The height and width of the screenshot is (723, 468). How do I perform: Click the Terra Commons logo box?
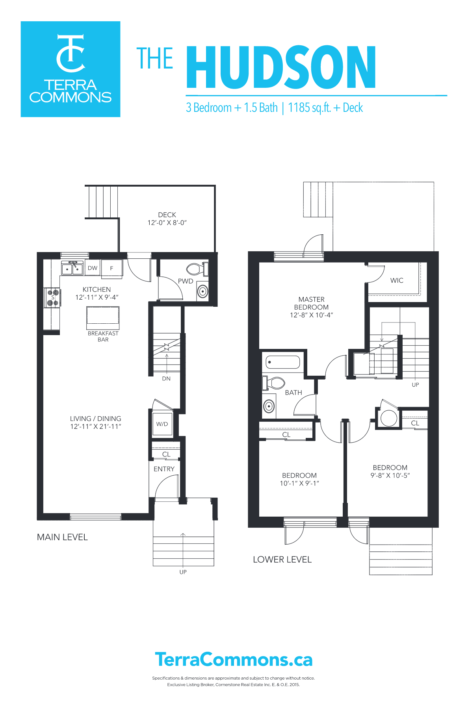coord(70,69)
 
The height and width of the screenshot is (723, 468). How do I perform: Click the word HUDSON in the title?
coord(281,67)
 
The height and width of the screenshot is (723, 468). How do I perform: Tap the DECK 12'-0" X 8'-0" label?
coord(167,219)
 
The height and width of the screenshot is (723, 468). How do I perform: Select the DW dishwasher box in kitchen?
coord(93,268)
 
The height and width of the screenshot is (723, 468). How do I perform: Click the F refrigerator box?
coord(112,268)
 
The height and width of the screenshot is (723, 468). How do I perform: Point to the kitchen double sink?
coord(72,269)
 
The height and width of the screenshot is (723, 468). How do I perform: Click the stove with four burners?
coord(52,298)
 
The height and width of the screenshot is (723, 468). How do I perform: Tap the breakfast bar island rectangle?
coord(103,318)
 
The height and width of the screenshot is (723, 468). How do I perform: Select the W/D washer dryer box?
coord(162,424)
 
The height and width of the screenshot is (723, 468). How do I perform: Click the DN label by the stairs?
coord(166,378)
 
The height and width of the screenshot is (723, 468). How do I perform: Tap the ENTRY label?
coord(164,469)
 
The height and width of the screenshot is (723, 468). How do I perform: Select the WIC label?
coord(397,280)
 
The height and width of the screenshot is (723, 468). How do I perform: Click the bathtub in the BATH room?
coord(283,362)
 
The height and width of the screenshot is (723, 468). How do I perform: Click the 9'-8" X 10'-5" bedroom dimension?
coord(390,475)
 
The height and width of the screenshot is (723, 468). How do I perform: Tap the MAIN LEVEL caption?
coord(62,537)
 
